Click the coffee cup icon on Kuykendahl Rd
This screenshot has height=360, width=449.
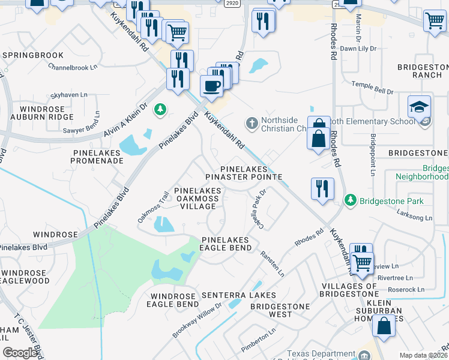[211, 85]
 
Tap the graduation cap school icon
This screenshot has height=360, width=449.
[419, 107]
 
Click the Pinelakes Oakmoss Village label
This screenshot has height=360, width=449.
[198, 199]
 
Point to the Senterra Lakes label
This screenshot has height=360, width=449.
[238, 295]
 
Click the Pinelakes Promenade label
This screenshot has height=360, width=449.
[97, 157]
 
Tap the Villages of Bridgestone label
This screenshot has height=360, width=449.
[348, 290]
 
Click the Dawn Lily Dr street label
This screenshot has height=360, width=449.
[358, 48]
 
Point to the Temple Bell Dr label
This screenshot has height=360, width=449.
[372, 88]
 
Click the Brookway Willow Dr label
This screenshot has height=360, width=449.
[197, 319]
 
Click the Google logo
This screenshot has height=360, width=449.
[20, 352]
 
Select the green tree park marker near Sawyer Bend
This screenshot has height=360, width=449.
[159, 109]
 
